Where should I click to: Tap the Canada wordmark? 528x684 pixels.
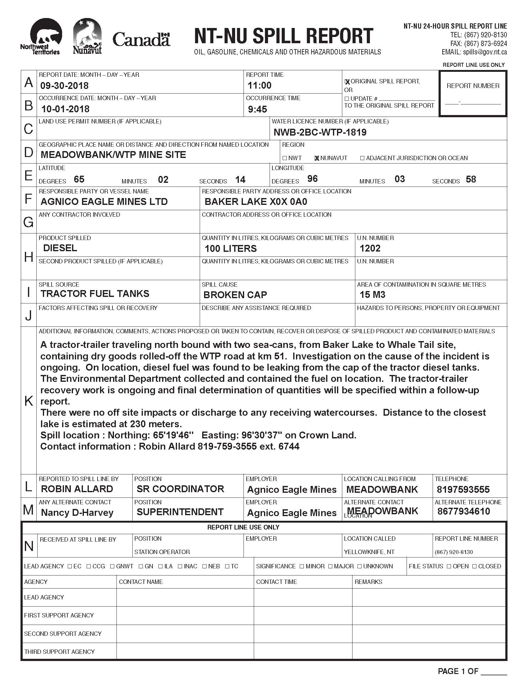pyautogui.click(x=141, y=40)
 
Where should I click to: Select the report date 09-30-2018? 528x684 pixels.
pyautogui.click(x=64, y=85)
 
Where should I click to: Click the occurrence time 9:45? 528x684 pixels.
pyautogui.click(x=257, y=109)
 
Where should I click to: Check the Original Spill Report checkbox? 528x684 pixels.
pyautogui.click(x=347, y=82)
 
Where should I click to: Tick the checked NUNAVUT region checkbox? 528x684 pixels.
pyautogui.click(x=317, y=158)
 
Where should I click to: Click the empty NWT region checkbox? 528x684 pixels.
pyautogui.click(x=284, y=158)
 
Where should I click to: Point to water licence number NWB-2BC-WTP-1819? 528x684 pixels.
pyautogui.click(x=320, y=132)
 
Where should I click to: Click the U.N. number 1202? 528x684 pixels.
pyautogui.click(x=370, y=248)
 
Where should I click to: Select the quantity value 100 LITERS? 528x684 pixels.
pyautogui.click(x=230, y=248)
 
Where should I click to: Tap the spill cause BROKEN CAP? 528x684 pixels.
pyautogui.click(x=235, y=295)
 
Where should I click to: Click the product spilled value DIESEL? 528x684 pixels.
pyautogui.click(x=60, y=248)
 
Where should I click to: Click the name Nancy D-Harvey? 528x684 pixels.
pyautogui.click(x=77, y=513)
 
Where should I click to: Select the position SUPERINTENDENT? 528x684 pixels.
pyautogui.click(x=180, y=512)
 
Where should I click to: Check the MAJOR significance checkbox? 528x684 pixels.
pyautogui.click(x=331, y=566)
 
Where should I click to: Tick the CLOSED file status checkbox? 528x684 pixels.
pyautogui.click(x=475, y=566)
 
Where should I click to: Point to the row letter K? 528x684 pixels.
pyautogui.click(x=29, y=401)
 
